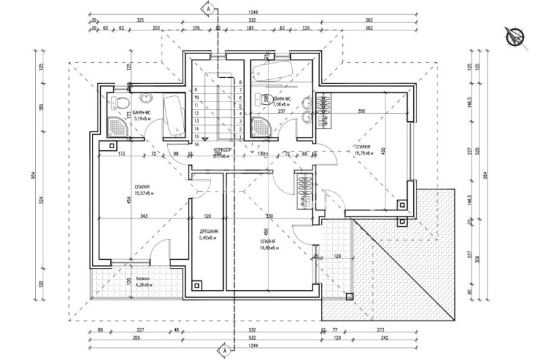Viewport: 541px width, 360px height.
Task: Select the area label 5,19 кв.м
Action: click(144, 118)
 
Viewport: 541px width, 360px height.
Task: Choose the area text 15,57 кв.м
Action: click(143, 192)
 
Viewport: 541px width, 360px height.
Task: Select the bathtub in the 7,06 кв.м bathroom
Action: click(277, 71)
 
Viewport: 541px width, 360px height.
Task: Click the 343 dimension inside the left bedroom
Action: click(144, 217)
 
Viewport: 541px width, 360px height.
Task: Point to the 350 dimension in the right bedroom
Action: click(361, 111)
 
